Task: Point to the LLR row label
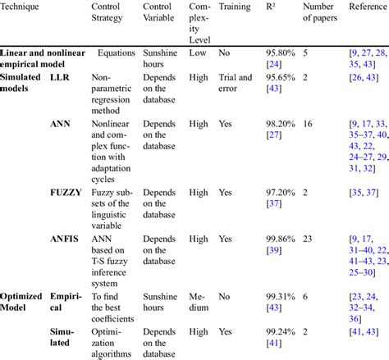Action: [x=59, y=76]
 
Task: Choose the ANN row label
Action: [x=59, y=124]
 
